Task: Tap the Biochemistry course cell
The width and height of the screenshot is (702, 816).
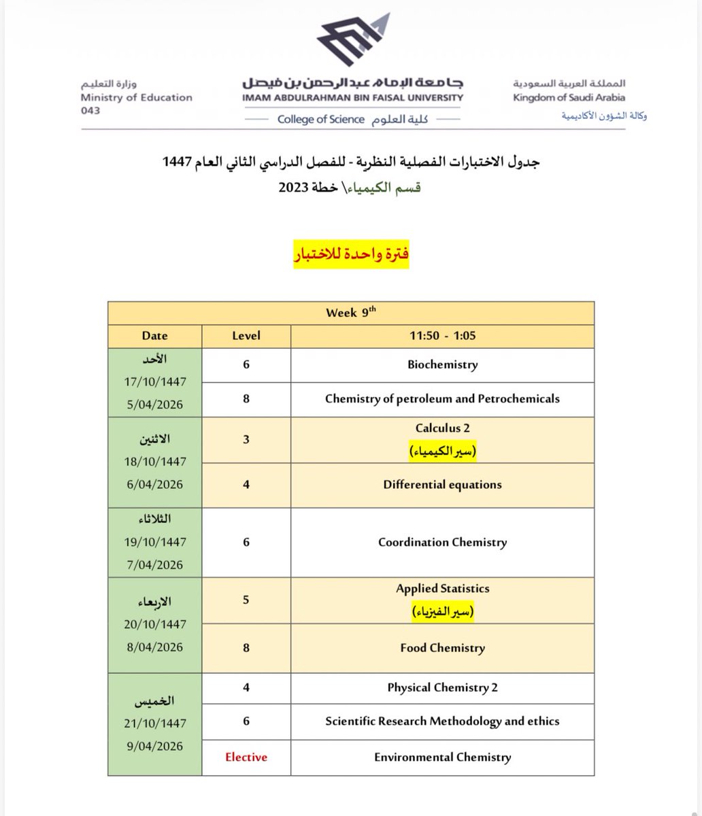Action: pos(442,364)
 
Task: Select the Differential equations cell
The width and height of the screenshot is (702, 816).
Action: pos(442,485)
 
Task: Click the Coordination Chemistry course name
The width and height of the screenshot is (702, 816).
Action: pos(442,543)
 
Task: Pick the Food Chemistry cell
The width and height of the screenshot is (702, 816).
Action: pos(442,648)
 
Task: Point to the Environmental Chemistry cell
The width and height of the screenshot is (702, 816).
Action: pos(442,757)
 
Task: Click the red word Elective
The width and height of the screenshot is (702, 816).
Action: pos(246,757)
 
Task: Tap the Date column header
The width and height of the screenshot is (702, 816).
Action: pos(155,336)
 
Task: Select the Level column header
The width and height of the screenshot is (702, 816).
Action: pos(246,336)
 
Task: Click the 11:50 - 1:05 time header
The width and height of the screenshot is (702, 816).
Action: pos(442,336)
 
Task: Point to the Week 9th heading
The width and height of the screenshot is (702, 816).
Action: pos(351,313)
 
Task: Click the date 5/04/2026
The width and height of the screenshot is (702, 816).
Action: pos(155,404)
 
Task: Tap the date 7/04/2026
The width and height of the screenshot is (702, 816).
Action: pos(155,565)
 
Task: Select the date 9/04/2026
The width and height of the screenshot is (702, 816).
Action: pos(155,747)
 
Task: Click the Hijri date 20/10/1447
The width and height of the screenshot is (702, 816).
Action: pos(155,624)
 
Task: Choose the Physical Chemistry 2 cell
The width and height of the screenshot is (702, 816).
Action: pos(442,687)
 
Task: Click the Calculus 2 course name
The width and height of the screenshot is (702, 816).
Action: pos(442,428)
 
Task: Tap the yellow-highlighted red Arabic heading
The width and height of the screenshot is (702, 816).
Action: pos(351,256)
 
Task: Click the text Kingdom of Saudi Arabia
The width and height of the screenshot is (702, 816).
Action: pos(569,97)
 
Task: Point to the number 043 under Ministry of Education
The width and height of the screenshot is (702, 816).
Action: pos(90,111)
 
